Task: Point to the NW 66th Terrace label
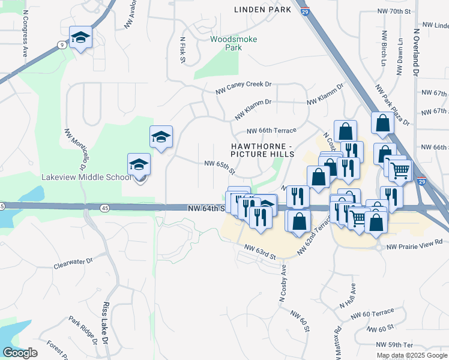pyautogui.click(x=271, y=131)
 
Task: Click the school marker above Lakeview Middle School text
pyautogui.click(x=139, y=165)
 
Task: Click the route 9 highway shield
pyautogui.click(x=62, y=44)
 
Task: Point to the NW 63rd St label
pyautogui.click(x=260, y=252)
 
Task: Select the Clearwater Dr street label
pyautogui.click(x=73, y=262)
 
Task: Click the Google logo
pyautogui.click(x=20, y=352)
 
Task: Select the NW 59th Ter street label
pyautogui.click(x=395, y=345)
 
